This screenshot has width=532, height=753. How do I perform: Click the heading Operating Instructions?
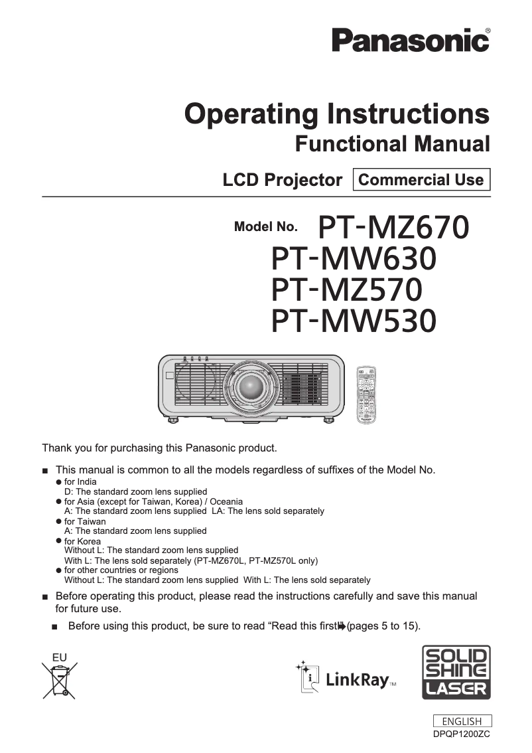click(x=337, y=114)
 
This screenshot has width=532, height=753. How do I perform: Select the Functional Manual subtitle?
click(x=392, y=143)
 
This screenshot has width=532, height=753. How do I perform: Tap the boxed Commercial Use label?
click(x=421, y=180)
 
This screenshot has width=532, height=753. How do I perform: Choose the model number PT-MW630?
click(x=354, y=258)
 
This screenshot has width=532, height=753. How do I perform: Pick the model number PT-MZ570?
click(x=347, y=290)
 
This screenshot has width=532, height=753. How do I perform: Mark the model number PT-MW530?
click(x=354, y=321)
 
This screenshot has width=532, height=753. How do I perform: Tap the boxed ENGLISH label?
click(x=462, y=721)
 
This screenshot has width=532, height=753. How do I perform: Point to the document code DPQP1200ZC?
click(x=462, y=734)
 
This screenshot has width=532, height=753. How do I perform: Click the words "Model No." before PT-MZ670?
click(x=265, y=227)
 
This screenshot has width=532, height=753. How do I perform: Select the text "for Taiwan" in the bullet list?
click(x=85, y=521)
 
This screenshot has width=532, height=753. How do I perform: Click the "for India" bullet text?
click(x=80, y=481)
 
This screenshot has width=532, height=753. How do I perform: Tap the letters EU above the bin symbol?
click(x=60, y=657)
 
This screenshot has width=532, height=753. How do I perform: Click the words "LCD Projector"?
click(x=282, y=180)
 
